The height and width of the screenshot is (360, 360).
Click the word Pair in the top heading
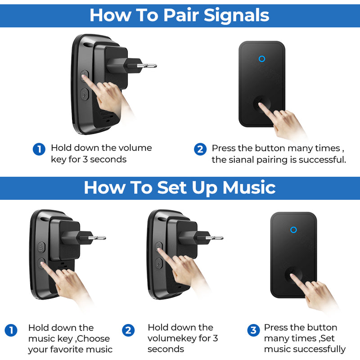pyautogui.click(x=181, y=15)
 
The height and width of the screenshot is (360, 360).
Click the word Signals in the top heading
pyautogui.click(x=237, y=16)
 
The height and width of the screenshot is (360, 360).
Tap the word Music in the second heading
pyautogui.click(x=249, y=188)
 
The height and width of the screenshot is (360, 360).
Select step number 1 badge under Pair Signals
pyautogui.click(x=39, y=149)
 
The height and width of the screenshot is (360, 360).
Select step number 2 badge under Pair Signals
pyautogui.click(x=200, y=149)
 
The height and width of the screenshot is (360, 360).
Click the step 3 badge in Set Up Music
pyautogui.click(x=253, y=330)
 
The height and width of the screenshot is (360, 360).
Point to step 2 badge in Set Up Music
pyautogui.click(x=128, y=330)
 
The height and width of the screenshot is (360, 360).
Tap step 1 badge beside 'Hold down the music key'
pyautogui.click(x=11, y=330)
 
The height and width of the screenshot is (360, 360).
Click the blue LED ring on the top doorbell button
pyautogui.click(x=262, y=59)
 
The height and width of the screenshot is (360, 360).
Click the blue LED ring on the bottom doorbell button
pyautogui.click(x=293, y=229)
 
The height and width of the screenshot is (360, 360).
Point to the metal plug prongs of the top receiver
pyautogui.click(x=147, y=66)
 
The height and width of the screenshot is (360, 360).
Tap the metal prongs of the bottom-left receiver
pyautogui.click(x=97, y=238)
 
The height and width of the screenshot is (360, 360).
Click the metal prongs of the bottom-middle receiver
pyautogui.click(x=215, y=238)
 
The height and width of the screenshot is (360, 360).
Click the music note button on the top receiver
pyautogui.click(x=85, y=94)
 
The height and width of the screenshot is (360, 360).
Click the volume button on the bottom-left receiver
pyautogui.click(x=41, y=247)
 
